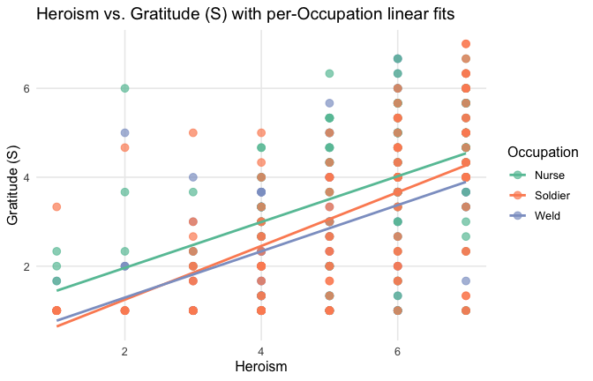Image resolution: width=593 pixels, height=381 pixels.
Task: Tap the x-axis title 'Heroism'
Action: pyautogui.click(x=260, y=364)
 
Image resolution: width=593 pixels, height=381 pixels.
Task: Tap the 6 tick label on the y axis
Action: pyautogui.click(x=27, y=88)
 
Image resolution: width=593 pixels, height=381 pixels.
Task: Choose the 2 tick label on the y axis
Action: pyautogui.click(x=27, y=266)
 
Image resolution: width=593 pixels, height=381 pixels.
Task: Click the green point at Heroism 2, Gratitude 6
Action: pyautogui.click(x=125, y=88)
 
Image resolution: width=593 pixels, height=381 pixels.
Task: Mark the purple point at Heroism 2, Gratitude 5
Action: pyautogui.click(x=125, y=133)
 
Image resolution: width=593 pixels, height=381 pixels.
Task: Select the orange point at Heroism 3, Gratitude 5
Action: pyautogui.click(x=193, y=133)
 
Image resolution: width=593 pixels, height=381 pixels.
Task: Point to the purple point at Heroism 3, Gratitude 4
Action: pyautogui.click(x=193, y=177)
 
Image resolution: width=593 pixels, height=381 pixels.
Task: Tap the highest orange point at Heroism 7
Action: pyautogui.click(x=466, y=44)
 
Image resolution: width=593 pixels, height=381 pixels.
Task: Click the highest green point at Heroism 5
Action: pyautogui.click(x=329, y=73)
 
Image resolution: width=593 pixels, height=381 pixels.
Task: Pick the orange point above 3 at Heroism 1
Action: pyautogui.click(x=57, y=206)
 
